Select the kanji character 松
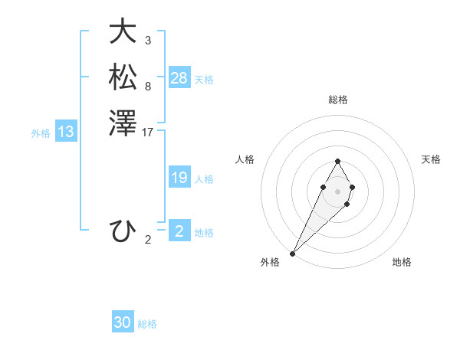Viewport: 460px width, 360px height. (123, 77)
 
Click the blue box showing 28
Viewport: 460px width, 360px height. (179, 78)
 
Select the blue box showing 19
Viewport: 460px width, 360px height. (179, 178)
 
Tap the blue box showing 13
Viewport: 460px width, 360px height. (66, 132)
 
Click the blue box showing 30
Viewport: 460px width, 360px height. (123, 322)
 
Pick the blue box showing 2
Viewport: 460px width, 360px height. (179, 231)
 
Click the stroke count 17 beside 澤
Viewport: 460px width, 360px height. (148, 133)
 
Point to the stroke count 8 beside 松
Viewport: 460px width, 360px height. (147, 87)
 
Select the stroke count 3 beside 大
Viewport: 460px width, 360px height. (147, 41)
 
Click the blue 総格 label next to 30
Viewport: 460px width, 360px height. (148, 324)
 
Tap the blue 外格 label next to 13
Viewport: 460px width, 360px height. (41, 133)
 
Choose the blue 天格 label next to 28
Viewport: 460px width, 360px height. (204, 80)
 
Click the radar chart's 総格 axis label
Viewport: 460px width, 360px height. (337, 100)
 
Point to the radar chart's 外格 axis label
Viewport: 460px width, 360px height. (270, 262)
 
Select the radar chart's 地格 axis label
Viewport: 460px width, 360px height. (402, 262)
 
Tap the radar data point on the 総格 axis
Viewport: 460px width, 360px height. (337, 162)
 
